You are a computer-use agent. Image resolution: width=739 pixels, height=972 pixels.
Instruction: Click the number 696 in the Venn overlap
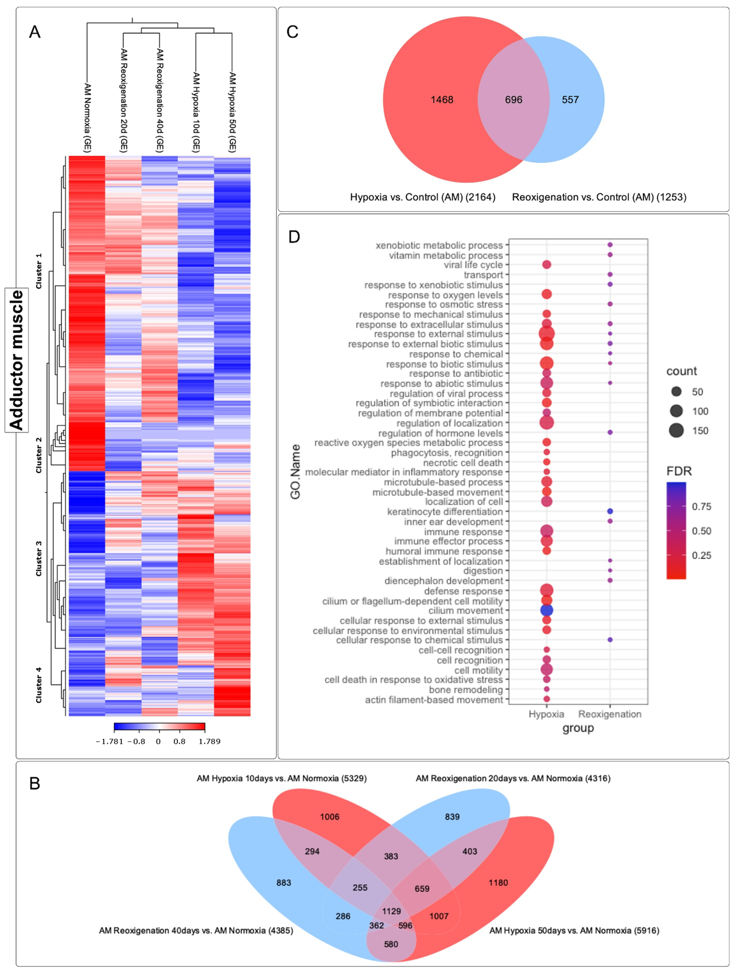[513, 100]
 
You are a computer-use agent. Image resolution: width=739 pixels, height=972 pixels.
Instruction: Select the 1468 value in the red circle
[442, 100]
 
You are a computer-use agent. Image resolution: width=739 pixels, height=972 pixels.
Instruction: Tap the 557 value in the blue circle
[570, 100]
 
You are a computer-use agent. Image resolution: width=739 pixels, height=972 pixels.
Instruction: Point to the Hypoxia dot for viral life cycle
[546, 264]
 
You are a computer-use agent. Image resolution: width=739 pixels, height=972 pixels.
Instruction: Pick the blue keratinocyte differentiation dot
[610, 511]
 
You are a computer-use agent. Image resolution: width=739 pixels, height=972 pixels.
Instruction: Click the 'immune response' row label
[463, 532]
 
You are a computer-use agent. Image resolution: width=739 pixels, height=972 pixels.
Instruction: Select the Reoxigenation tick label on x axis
[610, 714]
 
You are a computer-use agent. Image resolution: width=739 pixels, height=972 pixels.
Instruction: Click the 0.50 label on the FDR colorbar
[701, 531]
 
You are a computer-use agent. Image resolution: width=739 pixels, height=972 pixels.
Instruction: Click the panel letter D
[294, 237]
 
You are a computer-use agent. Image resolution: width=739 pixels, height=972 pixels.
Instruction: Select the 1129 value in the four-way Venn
[391, 911]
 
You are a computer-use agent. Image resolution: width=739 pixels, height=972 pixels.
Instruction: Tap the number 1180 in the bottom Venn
[498, 882]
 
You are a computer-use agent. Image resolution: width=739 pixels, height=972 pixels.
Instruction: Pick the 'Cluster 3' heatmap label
[39, 559]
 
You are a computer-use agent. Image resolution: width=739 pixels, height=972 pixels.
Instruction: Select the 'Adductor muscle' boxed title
[17, 360]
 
